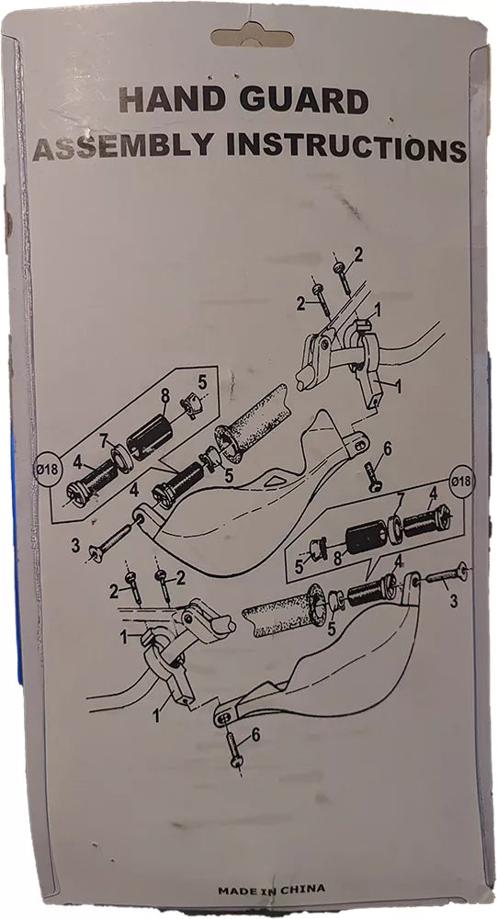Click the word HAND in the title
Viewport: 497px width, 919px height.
tap(171, 101)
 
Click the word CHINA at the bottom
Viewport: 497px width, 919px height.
tap(302, 890)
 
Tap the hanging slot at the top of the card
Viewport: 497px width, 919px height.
tap(252, 37)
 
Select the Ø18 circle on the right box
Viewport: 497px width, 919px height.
tap(460, 481)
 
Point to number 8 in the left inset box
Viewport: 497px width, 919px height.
tap(164, 396)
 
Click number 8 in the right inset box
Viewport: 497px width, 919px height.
tap(337, 558)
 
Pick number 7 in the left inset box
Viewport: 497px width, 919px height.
tap(104, 438)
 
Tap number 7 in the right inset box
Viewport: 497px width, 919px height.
tap(401, 499)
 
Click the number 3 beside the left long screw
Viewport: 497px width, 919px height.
tap(75, 546)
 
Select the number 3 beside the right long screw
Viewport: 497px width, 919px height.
tap(453, 601)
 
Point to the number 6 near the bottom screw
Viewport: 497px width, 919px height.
tap(255, 735)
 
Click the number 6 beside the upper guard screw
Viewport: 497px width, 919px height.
tap(387, 449)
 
